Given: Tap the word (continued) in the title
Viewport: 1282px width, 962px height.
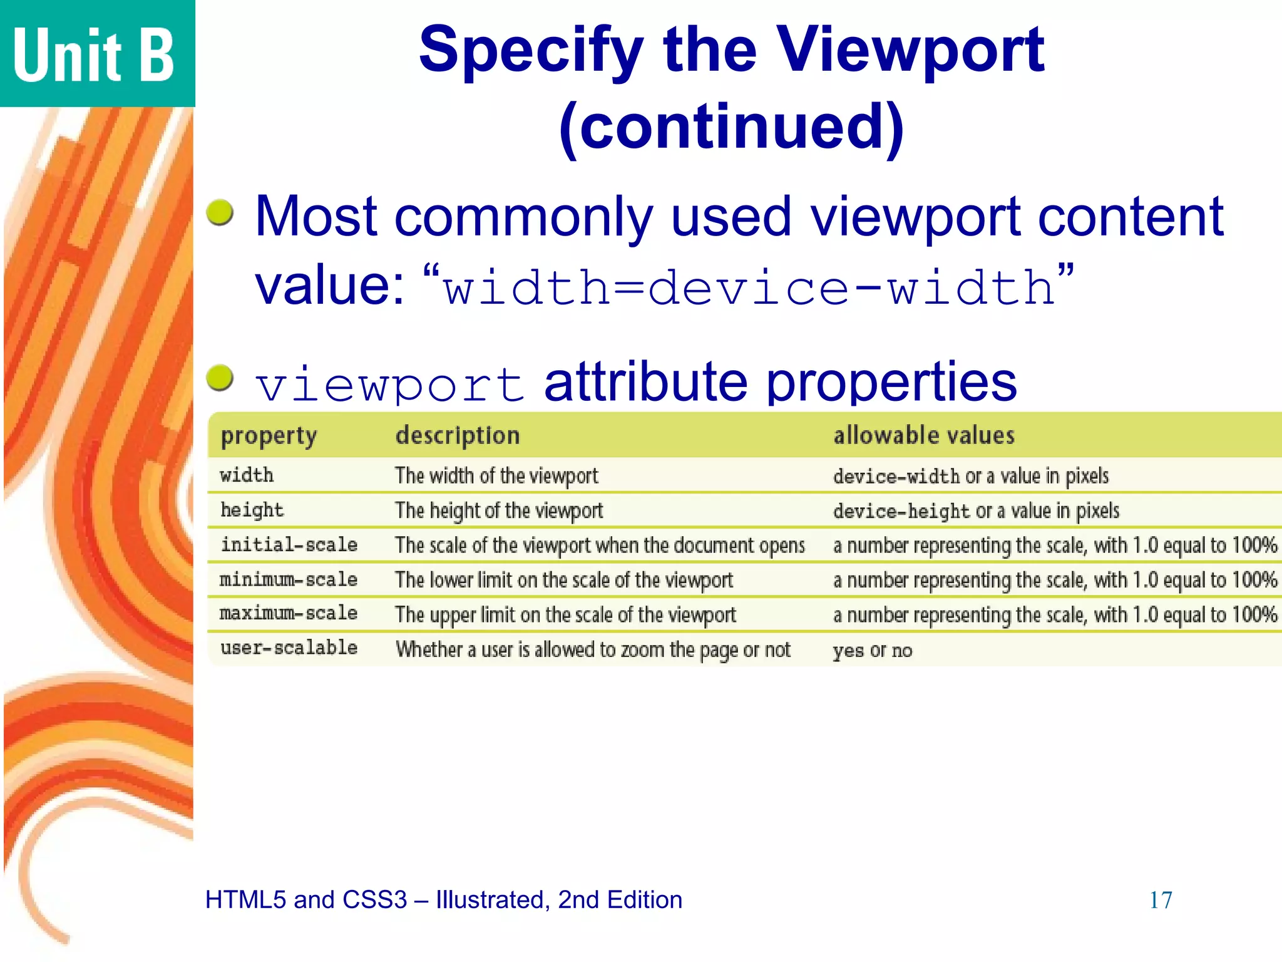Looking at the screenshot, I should coord(731,127).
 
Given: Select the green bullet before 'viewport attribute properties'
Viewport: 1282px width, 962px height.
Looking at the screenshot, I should coord(220,378).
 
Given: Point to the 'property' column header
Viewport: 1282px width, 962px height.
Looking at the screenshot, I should coord(269,435).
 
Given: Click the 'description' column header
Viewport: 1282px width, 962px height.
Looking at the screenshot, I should coord(458,435).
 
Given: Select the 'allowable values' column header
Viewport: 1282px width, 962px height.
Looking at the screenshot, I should coord(923,435).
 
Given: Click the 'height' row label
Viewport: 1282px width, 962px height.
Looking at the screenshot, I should coord(252,510).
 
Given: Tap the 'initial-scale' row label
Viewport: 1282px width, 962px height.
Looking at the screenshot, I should coord(289,545).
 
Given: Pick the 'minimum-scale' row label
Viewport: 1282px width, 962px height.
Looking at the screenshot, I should coord(289,579).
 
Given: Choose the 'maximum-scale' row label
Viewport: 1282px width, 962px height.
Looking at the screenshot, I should coord(289,614).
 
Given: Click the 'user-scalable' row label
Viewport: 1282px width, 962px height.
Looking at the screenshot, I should coord(289,648).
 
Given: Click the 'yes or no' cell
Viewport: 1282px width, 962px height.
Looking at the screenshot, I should coord(872,651).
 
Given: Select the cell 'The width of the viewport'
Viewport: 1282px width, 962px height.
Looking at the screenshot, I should coord(496,476).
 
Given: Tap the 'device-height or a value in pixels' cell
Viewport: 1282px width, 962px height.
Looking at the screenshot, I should coord(975,511).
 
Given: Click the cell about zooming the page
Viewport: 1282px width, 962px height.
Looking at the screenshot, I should coord(593,650).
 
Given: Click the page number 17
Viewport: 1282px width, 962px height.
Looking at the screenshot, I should coord(1160,900).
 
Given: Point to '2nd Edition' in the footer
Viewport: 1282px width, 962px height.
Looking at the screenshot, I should coord(620,900).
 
